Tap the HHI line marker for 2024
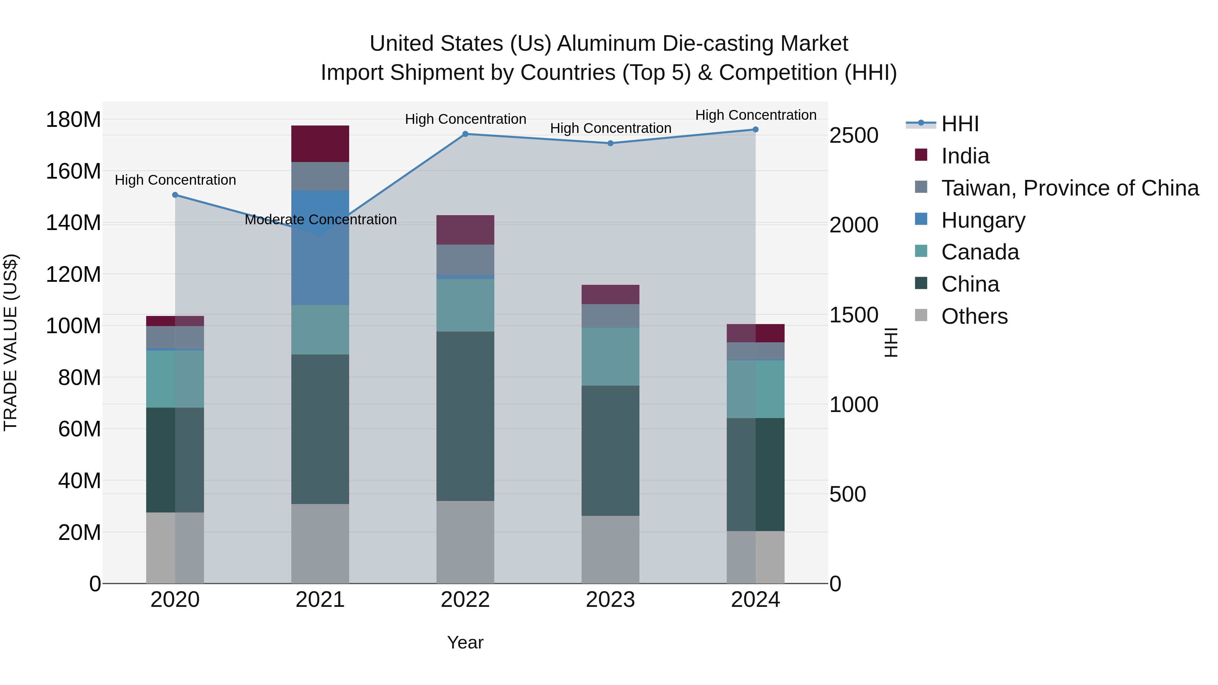755,130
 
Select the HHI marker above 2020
175,195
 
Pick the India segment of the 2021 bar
320,144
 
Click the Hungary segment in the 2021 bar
320,248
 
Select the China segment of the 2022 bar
465,416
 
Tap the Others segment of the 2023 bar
610,549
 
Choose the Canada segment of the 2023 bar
610,357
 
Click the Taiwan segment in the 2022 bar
465,259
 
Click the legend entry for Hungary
983,220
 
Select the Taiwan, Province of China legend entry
1069,188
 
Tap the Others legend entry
974,316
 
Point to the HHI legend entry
960,124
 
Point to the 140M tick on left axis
73,223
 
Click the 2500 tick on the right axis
854,136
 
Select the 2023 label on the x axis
610,600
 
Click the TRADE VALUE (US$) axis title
10,342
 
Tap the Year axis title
465,642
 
